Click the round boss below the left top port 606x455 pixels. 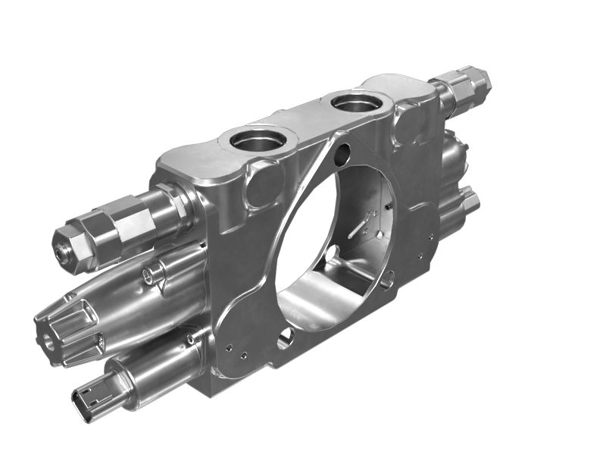point(265,182)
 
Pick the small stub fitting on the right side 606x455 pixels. point(469,200)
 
